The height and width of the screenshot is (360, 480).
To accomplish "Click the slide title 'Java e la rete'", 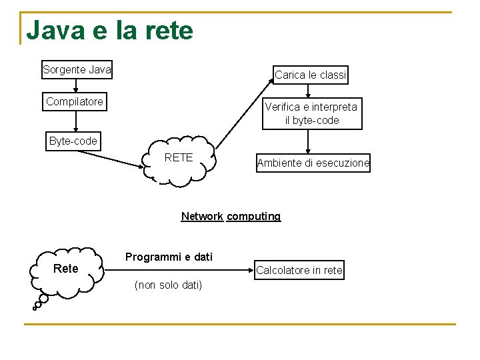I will [x=109, y=31].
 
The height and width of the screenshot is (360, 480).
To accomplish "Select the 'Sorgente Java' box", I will [x=77, y=69].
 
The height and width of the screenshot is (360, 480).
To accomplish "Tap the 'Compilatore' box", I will [x=75, y=102].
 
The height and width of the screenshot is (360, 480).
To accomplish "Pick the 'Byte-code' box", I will [x=73, y=141].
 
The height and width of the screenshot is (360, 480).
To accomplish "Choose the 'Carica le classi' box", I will [x=311, y=75].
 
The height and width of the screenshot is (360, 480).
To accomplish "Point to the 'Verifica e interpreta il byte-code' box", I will [x=311, y=113].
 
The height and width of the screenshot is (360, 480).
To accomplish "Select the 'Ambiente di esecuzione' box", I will [x=313, y=163].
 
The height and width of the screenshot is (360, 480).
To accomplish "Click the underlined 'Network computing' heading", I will [x=231, y=216].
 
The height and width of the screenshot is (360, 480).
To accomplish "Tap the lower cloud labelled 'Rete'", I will [x=66, y=269].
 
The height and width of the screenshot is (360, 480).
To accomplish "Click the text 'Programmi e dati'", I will [x=169, y=257].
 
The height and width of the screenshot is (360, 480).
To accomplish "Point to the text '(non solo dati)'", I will [x=168, y=285].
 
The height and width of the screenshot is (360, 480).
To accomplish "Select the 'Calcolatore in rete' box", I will [x=299, y=270].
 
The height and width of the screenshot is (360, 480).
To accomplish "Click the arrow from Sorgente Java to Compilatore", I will [x=76, y=85].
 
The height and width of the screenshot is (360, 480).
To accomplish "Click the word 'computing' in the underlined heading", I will [x=253, y=216].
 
